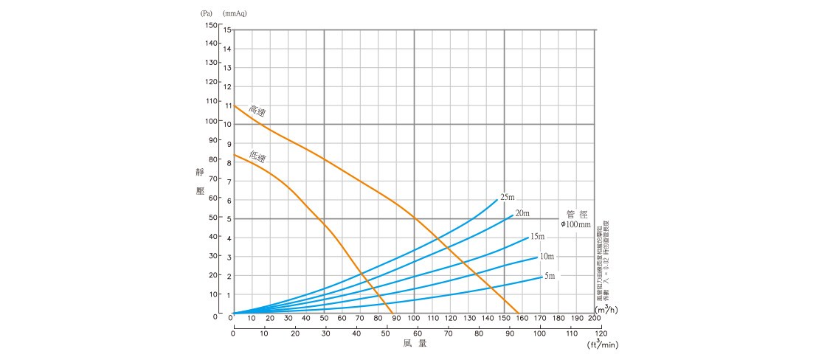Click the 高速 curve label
(x=257, y=111)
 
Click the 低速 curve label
(x=257, y=156)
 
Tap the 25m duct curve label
(x=507, y=197)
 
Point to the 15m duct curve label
(x=537, y=236)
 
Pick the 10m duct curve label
(x=547, y=256)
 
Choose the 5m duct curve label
(x=550, y=276)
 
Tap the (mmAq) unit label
(x=235, y=13)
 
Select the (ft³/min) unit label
(x=602, y=344)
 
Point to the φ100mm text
(x=575, y=224)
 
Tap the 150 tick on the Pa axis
(x=212, y=25)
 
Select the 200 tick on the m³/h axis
(x=594, y=319)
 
